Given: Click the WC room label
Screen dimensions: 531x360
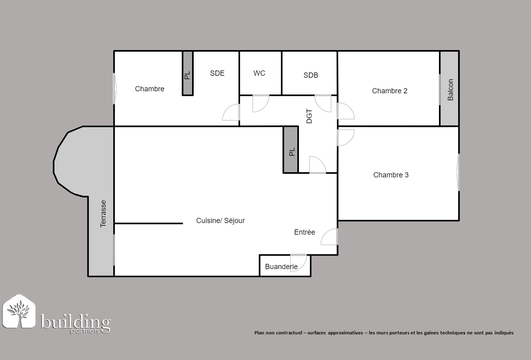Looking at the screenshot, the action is point(259,73).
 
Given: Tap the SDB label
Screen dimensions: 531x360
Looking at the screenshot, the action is point(311,75).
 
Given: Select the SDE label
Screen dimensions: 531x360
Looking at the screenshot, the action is point(217,73).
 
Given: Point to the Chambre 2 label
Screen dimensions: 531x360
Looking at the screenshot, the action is point(389,91).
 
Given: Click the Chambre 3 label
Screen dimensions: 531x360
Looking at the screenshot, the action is point(391,175).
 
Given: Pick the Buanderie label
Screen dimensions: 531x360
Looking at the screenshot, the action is point(281,267).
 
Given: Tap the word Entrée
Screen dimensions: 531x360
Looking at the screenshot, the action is point(305,232).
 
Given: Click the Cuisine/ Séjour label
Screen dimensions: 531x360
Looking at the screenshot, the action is point(220,221).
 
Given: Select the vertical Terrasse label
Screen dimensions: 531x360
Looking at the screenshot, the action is point(103,214).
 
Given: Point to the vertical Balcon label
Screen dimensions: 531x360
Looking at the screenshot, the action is point(451,90).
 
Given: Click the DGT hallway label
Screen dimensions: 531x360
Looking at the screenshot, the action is point(309,116).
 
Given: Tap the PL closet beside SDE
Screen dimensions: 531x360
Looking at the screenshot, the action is point(188,73).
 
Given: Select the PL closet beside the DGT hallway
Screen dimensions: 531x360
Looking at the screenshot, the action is point(291,150).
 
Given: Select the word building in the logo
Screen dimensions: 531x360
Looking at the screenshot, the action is point(76,322).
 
